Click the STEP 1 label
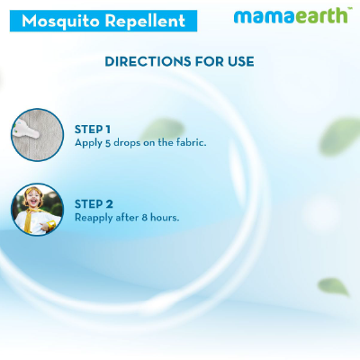click(x=93, y=128)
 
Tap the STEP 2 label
click(x=94, y=203)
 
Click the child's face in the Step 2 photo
click(x=35, y=201)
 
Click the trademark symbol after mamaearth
click(x=350, y=11)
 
